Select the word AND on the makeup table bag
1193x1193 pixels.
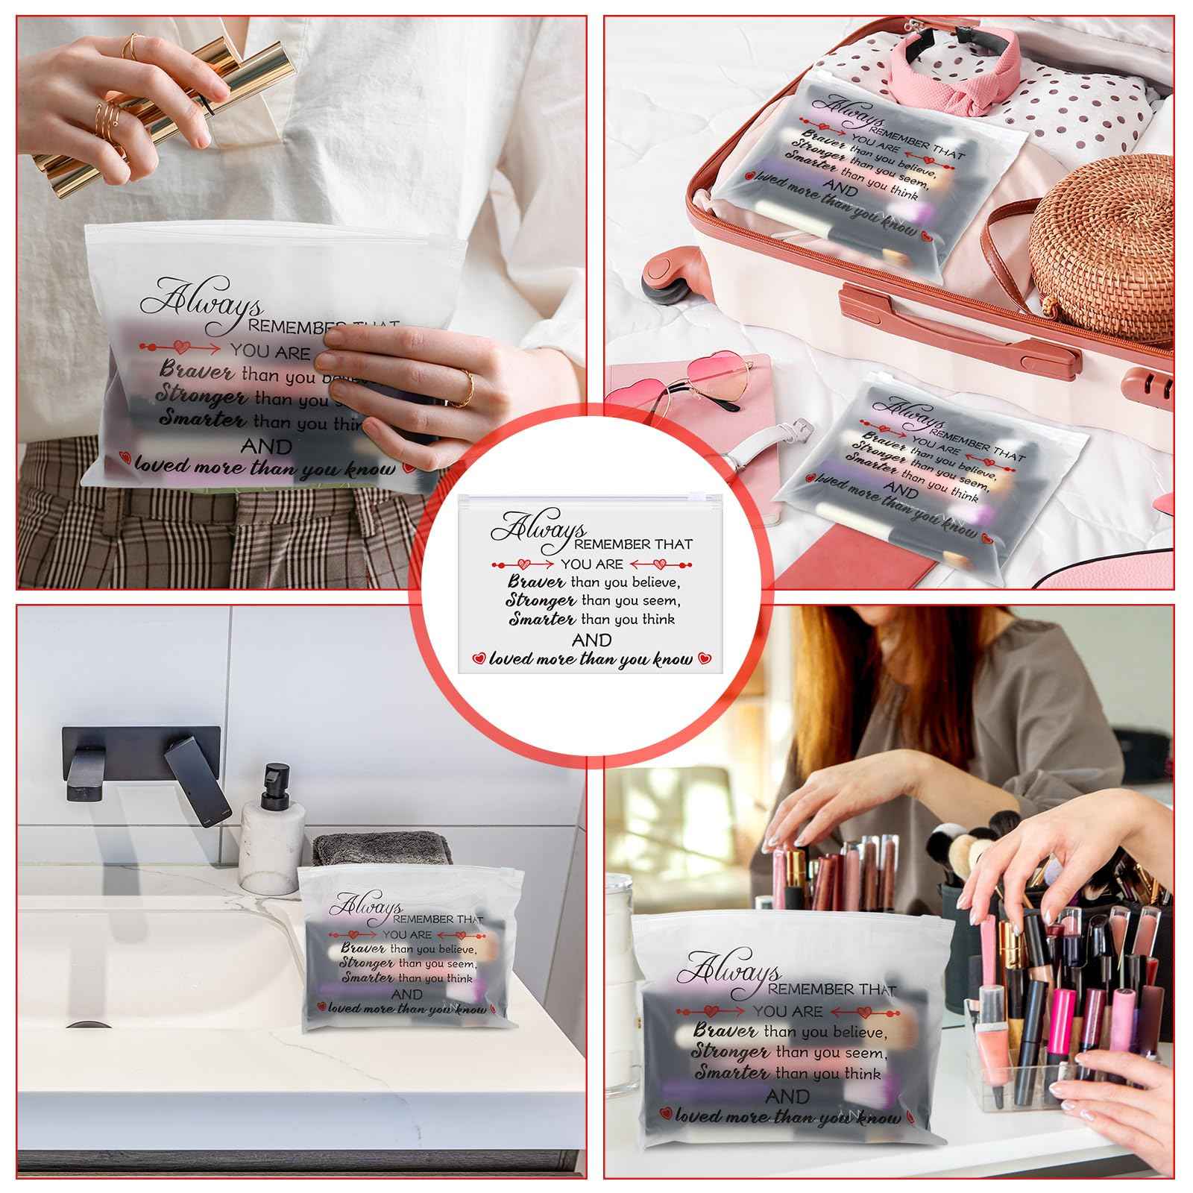pyautogui.click(x=787, y=1096)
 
